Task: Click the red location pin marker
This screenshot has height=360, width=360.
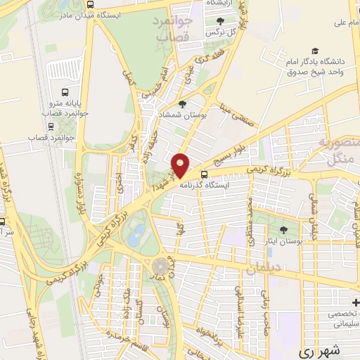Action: (x=181, y=163)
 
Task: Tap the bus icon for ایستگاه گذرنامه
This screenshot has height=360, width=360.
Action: (x=204, y=174)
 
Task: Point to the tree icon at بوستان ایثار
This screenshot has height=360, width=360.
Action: (x=284, y=229)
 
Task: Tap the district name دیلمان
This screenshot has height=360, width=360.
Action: (x=264, y=269)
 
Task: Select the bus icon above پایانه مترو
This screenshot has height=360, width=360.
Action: (x=65, y=92)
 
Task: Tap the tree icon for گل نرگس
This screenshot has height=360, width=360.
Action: (x=222, y=21)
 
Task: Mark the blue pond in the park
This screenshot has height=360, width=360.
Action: (x=137, y=231)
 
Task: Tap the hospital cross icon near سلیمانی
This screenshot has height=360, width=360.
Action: (x=356, y=303)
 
